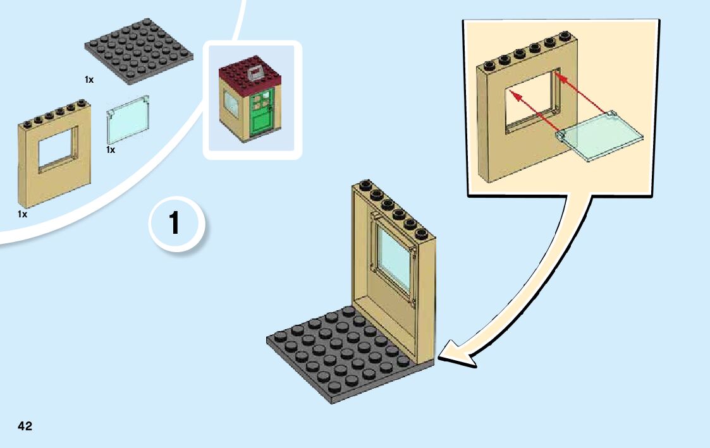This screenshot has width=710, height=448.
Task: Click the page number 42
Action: pyautogui.click(x=25, y=427)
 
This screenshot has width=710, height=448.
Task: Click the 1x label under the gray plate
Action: pyautogui.click(x=89, y=80)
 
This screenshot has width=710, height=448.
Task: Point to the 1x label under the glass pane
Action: pyautogui.click(x=111, y=150)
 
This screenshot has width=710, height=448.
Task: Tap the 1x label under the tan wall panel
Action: pyautogui.click(x=23, y=214)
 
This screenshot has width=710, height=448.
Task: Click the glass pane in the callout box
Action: pyautogui.click(x=599, y=136)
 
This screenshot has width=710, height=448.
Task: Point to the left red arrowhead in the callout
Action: pyautogui.click(x=514, y=95)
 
